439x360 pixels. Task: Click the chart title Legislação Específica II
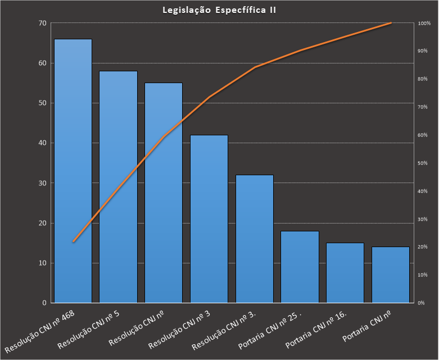coord(219,10)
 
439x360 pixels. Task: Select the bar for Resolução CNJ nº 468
coord(73,168)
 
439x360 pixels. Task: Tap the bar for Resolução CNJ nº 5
coord(118,185)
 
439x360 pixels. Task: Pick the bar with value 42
coord(209,219)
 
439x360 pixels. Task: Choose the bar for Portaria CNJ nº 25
coord(300,267)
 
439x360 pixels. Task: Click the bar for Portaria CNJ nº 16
coord(345,272)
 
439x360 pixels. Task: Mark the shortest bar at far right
coord(390,275)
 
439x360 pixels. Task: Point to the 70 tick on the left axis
coord(43,23)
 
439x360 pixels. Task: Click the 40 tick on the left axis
coord(43,143)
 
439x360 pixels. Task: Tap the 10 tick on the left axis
coord(43,263)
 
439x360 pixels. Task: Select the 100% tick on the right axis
coord(424,23)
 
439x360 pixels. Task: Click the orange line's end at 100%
coord(391,23)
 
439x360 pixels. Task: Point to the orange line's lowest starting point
coord(73,241)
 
